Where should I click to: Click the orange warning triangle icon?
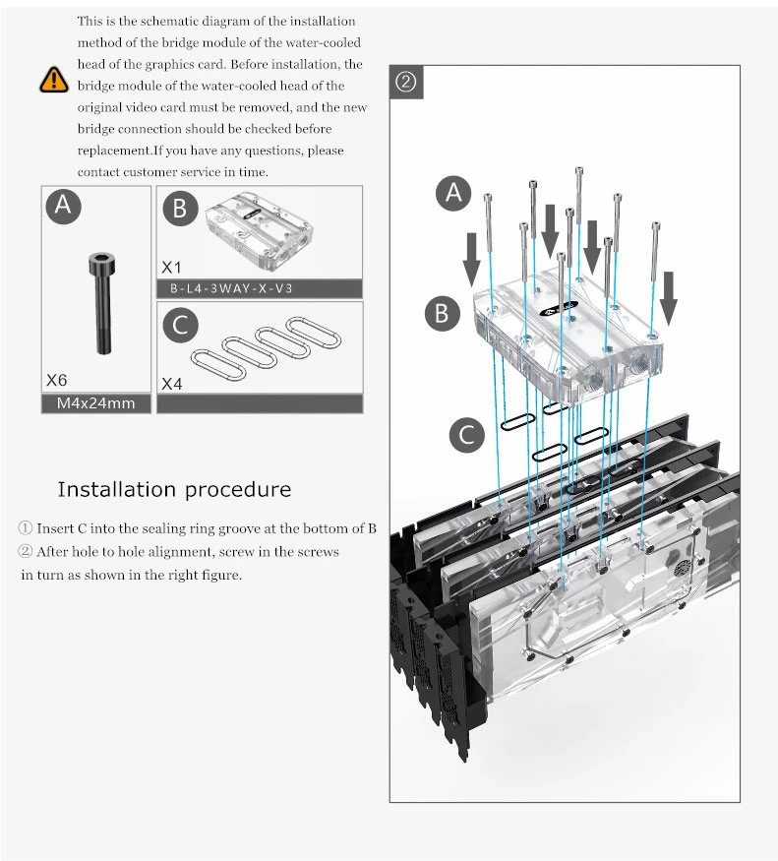click(x=54, y=80)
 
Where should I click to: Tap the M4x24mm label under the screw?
click(x=95, y=403)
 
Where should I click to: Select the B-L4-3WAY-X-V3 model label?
click(x=231, y=289)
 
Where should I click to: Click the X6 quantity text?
click(x=56, y=380)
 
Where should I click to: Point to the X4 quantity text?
click(x=172, y=384)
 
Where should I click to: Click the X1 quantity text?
click(x=171, y=268)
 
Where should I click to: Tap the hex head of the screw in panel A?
click(x=102, y=264)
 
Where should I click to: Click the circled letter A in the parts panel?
click(x=63, y=206)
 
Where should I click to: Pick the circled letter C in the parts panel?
click(x=180, y=325)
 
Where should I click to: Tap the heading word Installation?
click(x=117, y=489)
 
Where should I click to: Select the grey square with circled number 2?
click(x=406, y=82)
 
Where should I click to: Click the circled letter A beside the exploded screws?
click(x=453, y=193)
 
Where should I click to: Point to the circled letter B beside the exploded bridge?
click(x=443, y=314)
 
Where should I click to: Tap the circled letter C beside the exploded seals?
click(x=466, y=436)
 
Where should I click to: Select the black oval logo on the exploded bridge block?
click(x=559, y=309)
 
